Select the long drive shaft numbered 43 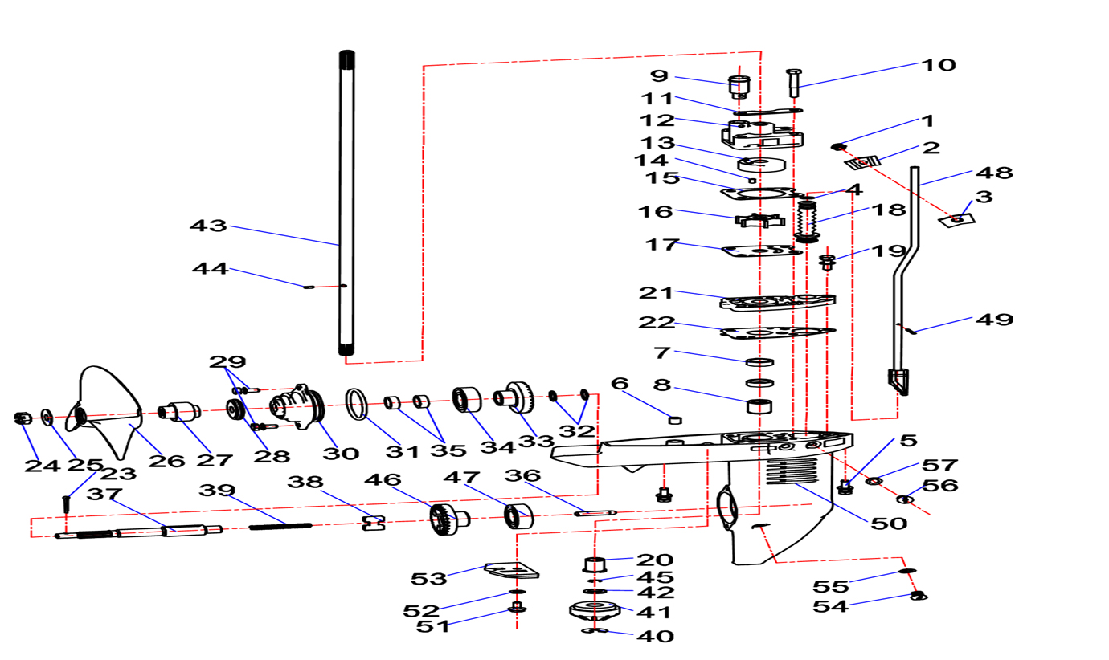pos(346,201)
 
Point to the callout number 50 pos(889,523)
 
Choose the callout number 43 pos(209,226)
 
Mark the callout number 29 pos(229,361)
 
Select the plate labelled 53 pos(511,571)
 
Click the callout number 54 pos(831,606)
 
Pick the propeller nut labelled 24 pos(23,418)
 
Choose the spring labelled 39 pos(280,526)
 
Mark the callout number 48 pos(994,172)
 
